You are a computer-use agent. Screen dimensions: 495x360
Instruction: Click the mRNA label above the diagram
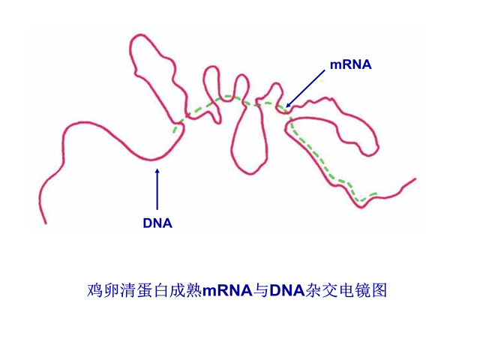(x=351, y=64)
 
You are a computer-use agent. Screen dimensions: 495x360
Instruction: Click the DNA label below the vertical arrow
(x=157, y=223)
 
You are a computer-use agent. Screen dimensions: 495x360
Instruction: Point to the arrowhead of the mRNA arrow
(x=287, y=106)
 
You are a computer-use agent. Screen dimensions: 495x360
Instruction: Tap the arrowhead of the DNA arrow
(x=157, y=171)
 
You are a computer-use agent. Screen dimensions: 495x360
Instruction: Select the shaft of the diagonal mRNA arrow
(x=305, y=88)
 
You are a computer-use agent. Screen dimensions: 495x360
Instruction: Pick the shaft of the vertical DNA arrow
(x=157, y=190)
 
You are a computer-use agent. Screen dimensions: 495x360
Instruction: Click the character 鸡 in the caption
(x=95, y=290)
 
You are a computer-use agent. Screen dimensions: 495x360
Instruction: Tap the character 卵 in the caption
(x=112, y=290)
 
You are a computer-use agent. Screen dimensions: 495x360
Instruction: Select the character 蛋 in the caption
(x=145, y=290)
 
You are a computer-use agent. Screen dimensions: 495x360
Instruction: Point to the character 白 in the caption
(x=161, y=290)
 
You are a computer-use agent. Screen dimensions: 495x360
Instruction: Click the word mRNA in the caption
(x=227, y=290)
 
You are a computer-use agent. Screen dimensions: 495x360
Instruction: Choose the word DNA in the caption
(x=286, y=290)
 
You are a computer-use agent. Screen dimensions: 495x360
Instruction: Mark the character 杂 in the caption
(x=313, y=290)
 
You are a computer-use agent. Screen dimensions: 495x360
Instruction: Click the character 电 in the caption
(x=346, y=290)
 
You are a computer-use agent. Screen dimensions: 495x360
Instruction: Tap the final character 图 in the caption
(x=379, y=290)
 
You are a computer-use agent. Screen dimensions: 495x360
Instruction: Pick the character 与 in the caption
(x=261, y=290)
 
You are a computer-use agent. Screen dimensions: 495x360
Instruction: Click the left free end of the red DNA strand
(x=46, y=223)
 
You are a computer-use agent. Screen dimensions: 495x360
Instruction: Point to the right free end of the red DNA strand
(x=415, y=179)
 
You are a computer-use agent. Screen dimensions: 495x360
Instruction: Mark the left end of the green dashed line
(x=174, y=131)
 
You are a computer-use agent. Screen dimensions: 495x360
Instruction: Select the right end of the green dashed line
(x=376, y=193)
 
